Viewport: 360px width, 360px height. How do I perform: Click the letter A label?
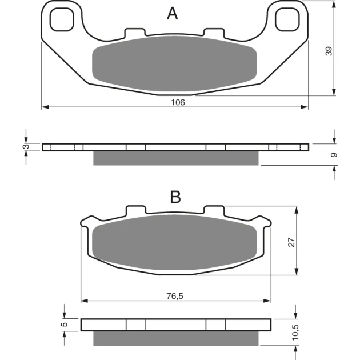click(172, 13)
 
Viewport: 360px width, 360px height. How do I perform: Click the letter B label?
click(175, 197)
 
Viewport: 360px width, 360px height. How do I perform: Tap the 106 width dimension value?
click(178, 102)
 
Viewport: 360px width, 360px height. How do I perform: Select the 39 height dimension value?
click(329, 51)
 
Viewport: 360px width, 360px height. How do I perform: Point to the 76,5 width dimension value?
click(175, 296)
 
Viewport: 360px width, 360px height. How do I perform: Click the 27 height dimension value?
click(291, 242)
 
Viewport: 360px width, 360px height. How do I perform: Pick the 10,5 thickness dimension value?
click(295, 332)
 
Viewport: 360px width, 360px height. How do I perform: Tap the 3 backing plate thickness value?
click(27, 146)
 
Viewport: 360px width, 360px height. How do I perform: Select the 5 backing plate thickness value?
click(65, 324)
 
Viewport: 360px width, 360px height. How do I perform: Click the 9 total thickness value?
click(334, 155)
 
